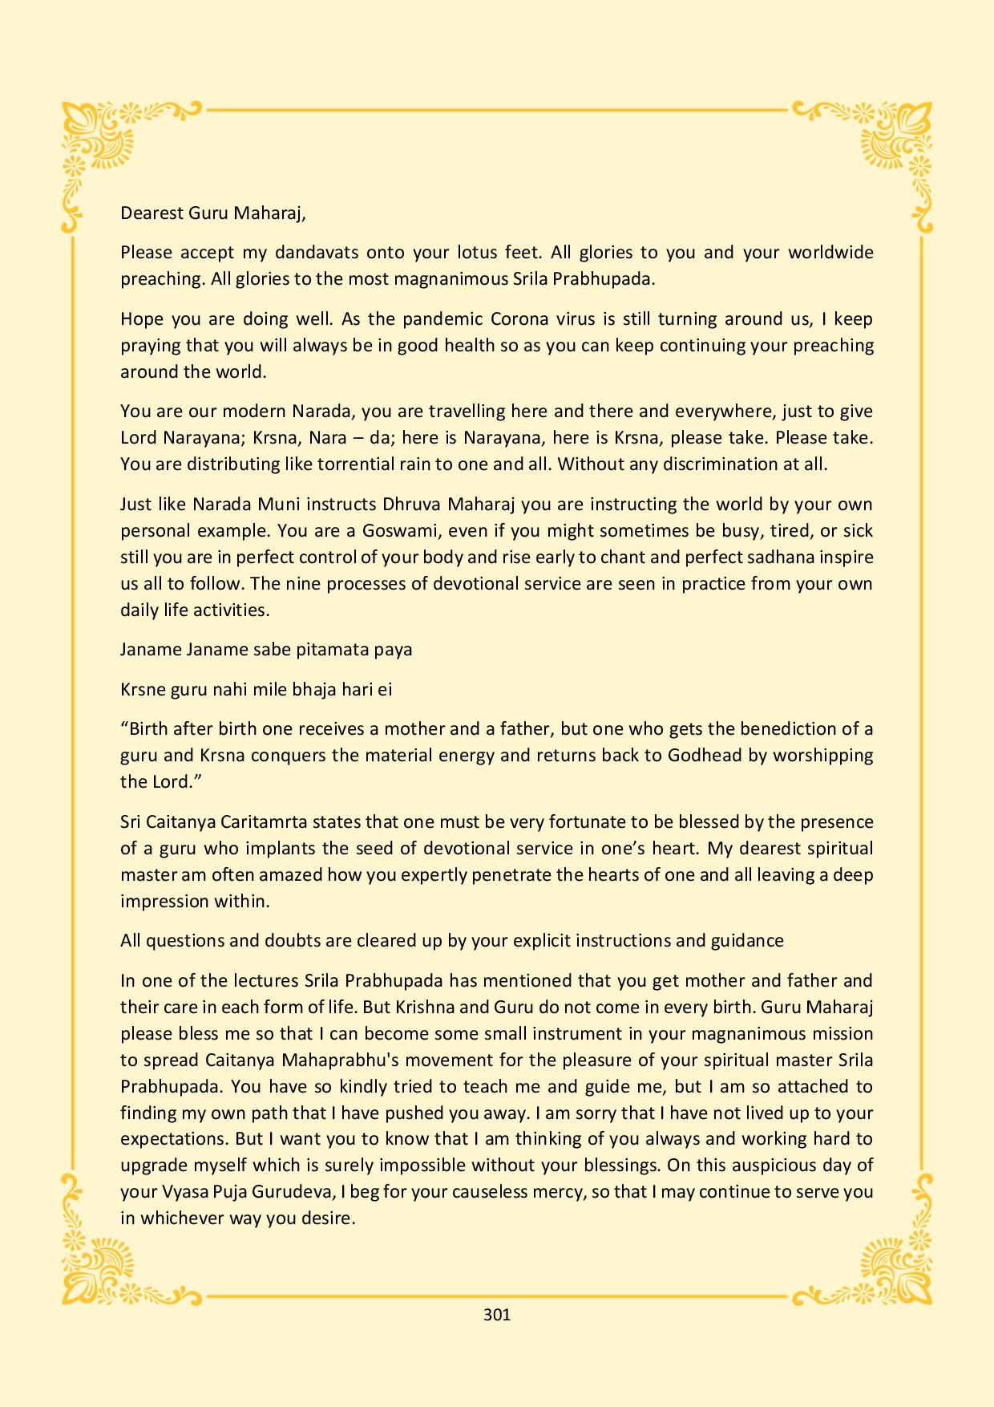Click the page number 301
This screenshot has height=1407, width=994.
coord(497,1314)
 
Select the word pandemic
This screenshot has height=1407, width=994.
coord(442,318)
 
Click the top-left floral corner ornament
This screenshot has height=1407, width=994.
coord(100,144)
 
